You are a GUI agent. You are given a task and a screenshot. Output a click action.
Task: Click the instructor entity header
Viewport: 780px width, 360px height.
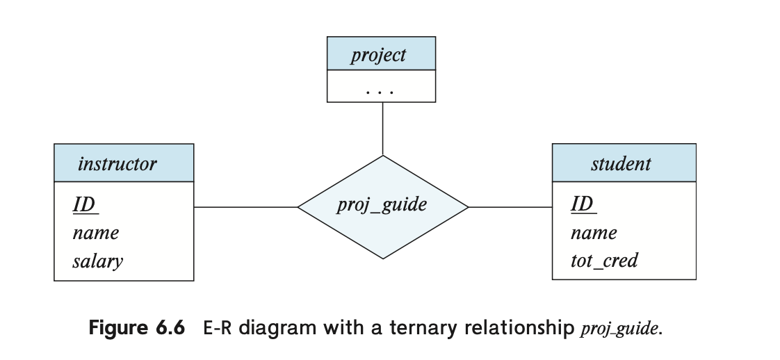tap(124, 163)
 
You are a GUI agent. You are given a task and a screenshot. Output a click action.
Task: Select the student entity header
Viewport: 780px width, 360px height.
tap(624, 163)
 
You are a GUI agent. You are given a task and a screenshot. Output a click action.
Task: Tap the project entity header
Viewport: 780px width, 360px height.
tap(381, 54)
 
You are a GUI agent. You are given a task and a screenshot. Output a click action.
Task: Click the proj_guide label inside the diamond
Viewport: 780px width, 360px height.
tap(382, 204)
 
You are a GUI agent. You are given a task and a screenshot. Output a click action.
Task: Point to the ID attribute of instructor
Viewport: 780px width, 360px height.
tap(86, 204)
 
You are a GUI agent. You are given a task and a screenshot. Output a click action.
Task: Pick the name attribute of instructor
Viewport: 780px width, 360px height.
tap(96, 233)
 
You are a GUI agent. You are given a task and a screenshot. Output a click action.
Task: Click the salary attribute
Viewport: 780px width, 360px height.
tap(97, 261)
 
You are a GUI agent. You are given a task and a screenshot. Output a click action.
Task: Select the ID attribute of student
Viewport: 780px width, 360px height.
tap(583, 204)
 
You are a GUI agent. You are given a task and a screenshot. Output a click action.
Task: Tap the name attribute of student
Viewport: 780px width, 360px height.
tap(594, 233)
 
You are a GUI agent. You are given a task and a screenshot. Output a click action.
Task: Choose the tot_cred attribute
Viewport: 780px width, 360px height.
tap(604, 260)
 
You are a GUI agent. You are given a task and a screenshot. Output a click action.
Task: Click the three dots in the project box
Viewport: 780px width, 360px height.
tap(380, 92)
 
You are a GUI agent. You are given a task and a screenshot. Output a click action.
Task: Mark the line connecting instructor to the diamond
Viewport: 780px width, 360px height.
tap(245, 207)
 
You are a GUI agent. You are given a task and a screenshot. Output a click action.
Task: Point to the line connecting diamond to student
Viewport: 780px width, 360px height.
tap(510, 207)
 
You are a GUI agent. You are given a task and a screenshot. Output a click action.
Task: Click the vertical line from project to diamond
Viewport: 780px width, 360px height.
tap(382, 129)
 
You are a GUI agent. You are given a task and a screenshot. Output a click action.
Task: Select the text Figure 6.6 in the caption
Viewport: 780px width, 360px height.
tap(137, 328)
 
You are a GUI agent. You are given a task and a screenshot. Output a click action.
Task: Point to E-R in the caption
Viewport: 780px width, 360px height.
tap(218, 328)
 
